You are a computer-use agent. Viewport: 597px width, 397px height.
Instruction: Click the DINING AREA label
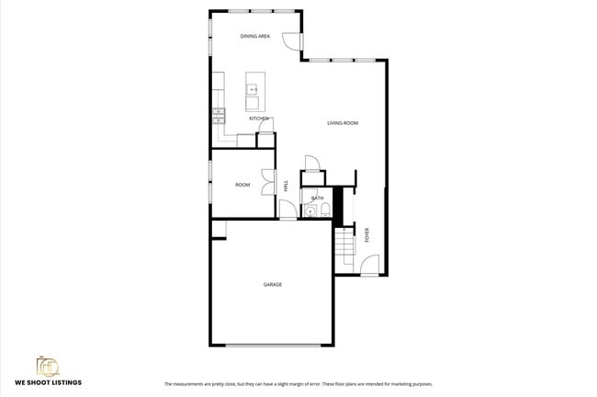pos(254,37)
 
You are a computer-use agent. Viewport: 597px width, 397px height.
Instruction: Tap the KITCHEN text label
pos(259,119)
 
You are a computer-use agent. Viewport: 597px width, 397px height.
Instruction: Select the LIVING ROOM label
pos(343,122)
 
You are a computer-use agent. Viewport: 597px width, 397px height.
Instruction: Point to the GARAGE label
pos(273,285)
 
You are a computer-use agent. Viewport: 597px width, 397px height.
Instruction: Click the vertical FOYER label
pos(367,235)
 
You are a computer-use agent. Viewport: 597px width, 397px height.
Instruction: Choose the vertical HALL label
pos(287,185)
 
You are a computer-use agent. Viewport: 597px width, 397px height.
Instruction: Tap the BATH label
pos(317,198)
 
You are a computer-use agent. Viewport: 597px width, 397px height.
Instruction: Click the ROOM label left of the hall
pos(242,185)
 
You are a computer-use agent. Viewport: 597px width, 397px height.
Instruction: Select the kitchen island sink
pos(252,90)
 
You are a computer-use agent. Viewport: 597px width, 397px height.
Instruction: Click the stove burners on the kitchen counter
pos(219,115)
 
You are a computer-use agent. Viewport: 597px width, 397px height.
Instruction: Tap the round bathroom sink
pos(310,211)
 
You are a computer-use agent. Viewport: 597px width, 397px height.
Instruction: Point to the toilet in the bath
pos(336,210)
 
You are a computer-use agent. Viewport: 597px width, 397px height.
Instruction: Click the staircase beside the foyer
pos(344,246)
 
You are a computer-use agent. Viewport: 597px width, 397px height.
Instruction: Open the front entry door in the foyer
pos(369,266)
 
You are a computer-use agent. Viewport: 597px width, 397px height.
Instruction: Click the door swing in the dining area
pos(292,41)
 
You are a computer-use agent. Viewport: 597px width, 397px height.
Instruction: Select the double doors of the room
pos(267,182)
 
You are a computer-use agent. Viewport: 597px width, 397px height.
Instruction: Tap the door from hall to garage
pos(287,211)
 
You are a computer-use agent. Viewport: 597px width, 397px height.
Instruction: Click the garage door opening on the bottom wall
pos(273,346)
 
